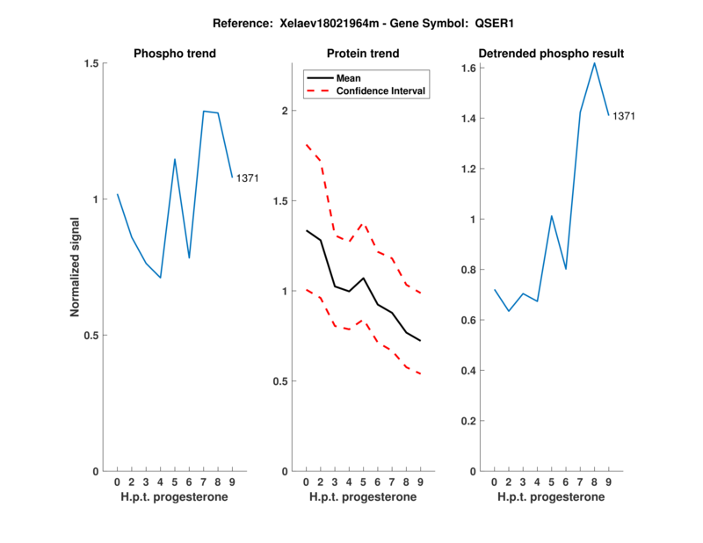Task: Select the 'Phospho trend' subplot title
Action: click(x=175, y=54)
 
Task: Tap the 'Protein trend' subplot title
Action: click(x=363, y=54)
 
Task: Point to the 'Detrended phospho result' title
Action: click(x=552, y=54)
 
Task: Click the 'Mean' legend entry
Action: click(x=349, y=78)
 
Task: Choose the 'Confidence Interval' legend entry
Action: click(x=380, y=90)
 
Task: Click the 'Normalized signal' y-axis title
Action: click(x=76, y=267)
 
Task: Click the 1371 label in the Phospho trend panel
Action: click(x=247, y=178)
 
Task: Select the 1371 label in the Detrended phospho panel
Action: click(x=623, y=116)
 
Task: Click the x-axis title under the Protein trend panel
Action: click(x=363, y=497)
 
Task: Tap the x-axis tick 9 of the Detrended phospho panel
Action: click(x=609, y=481)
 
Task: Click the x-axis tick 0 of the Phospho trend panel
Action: click(x=117, y=481)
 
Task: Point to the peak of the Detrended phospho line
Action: click(x=595, y=62)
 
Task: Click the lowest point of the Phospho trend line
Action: click(x=160, y=278)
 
